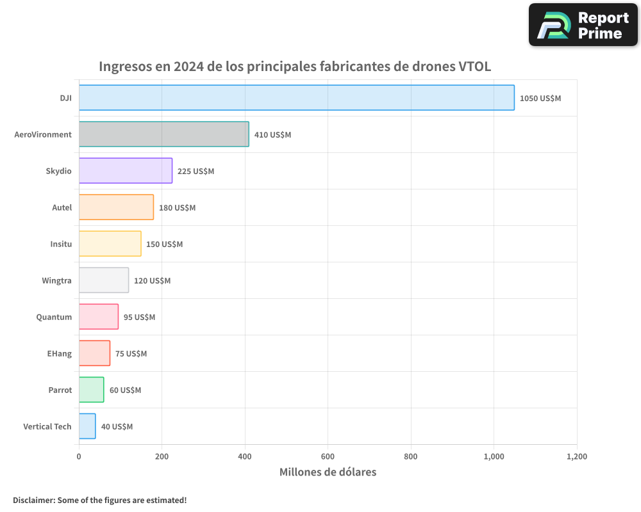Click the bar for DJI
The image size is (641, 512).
(x=296, y=98)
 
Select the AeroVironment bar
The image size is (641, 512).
(x=163, y=134)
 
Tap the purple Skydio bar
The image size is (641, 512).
(x=126, y=171)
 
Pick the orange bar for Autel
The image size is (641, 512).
(x=116, y=207)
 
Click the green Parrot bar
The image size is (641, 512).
(x=91, y=390)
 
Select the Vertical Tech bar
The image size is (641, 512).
(x=87, y=426)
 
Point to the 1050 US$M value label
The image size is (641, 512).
(x=540, y=99)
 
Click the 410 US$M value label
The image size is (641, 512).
(x=272, y=135)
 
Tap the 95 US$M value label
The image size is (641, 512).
(x=139, y=317)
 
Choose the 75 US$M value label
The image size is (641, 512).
(x=131, y=354)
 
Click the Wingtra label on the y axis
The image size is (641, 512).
(x=56, y=280)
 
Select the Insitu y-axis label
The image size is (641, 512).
(x=61, y=244)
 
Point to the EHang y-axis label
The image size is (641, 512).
(x=60, y=353)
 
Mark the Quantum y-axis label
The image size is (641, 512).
(x=54, y=317)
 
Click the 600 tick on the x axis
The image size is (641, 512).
(x=328, y=457)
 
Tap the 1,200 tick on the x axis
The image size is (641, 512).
(x=576, y=457)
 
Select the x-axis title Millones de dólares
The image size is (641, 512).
(x=328, y=472)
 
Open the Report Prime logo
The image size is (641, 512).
(x=583, y=25)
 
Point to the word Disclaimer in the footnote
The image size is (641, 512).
(x=33, y=500)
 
